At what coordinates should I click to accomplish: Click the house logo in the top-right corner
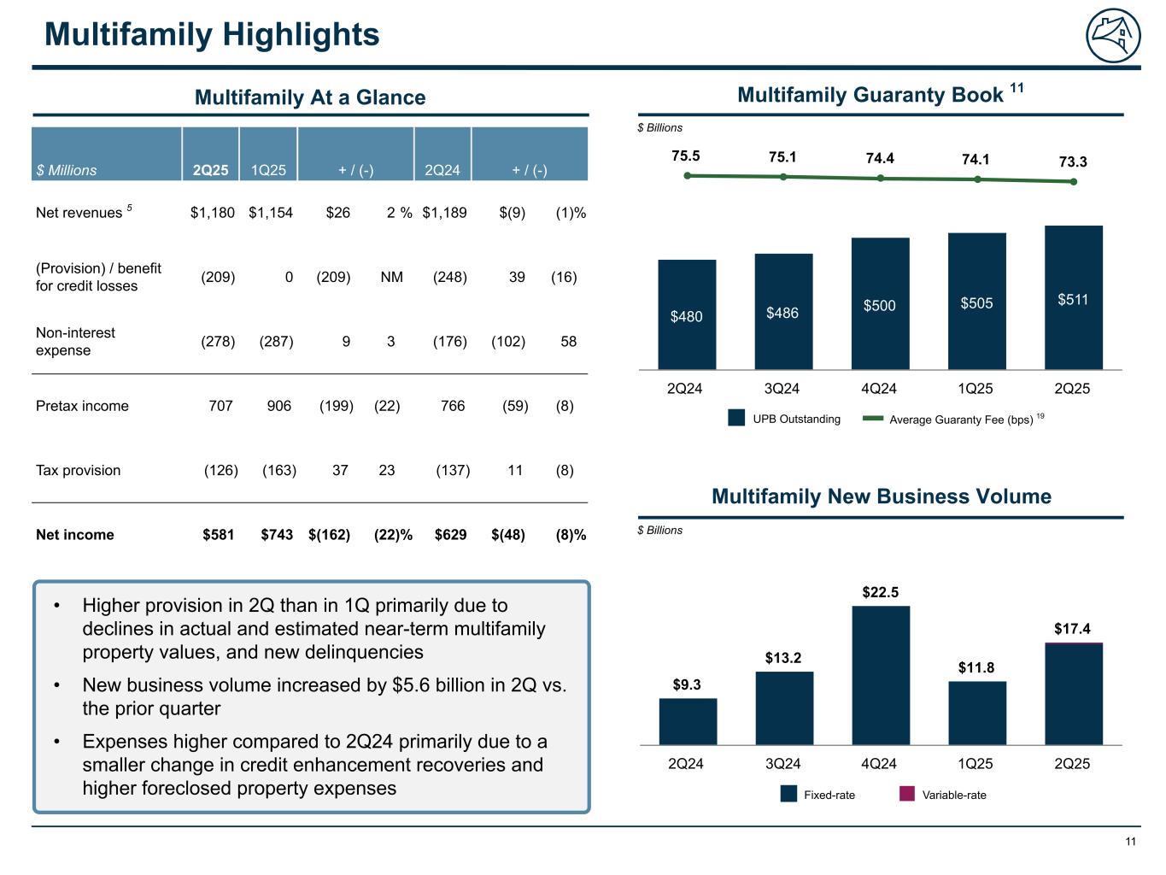point(1113,37)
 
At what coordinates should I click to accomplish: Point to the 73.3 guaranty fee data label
point(1072,161)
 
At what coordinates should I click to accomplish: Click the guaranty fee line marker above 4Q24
point(880,178)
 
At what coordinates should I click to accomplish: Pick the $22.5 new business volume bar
point(881,675)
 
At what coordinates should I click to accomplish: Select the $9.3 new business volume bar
point(688,721)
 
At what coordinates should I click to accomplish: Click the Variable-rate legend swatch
point(907,795)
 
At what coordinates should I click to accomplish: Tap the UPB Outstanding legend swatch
point(736,419)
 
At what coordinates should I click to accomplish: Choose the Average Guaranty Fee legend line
point(873,419)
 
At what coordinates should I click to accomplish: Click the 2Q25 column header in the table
point(210,170)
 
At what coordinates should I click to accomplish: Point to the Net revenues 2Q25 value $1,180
point(212,213)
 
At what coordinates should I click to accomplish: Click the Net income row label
point(75,535)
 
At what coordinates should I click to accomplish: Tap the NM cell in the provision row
point(391,277)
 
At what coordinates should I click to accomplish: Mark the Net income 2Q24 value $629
point(450,535)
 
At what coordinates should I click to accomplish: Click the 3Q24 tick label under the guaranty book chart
point(782,389)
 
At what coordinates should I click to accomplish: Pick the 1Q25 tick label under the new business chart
point(976,763)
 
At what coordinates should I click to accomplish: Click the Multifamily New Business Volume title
point(881,496)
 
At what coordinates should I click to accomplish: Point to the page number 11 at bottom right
point(1130,842)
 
